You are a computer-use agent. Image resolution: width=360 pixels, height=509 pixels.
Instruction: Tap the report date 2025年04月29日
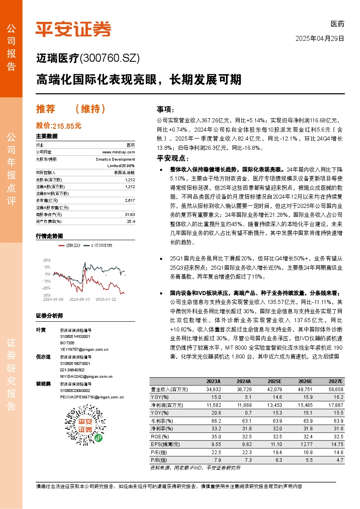coord(320,39)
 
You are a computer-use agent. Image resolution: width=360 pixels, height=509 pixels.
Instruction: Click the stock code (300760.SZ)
coord(110,59)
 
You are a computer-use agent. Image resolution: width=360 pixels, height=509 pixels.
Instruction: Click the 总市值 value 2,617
coord(130,200)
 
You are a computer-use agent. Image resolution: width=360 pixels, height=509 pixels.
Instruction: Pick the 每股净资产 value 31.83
coord(130,214)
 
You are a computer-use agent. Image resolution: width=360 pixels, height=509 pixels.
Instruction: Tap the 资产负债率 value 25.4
coord(131,221)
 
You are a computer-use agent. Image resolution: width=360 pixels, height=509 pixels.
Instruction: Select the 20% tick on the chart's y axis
coord(47,260)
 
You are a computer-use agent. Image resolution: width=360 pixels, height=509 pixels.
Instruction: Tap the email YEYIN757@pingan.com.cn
coord(84,349)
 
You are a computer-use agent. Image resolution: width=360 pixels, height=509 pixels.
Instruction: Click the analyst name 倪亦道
coord(44,357)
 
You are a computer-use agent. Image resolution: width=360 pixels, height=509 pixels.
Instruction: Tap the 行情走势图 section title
coord(49,236)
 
